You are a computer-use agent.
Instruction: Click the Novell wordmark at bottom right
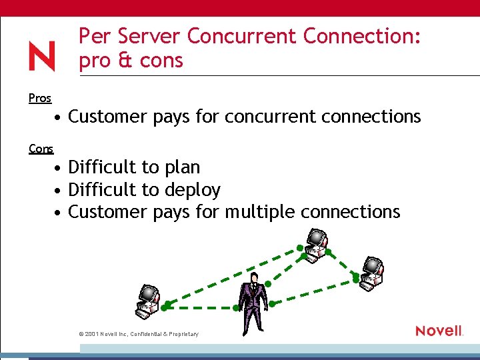click(439, 331)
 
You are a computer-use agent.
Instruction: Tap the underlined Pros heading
click(40, 98)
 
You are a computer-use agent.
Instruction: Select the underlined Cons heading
click(41, 149)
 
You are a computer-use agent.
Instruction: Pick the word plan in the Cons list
click(180, 167)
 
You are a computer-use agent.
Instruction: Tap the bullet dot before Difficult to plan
click(59, 167)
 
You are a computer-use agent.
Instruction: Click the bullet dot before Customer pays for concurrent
click(59, 117)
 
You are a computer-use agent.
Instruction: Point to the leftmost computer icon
click(147, 301)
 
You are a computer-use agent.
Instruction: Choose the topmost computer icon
click(313, 243)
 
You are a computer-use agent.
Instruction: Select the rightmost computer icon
click(371, 273)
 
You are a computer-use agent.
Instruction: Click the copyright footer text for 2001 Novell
click(139, 333)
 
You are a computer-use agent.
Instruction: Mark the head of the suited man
click(253, 279)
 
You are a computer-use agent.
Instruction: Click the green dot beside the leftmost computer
click(163, 307)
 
